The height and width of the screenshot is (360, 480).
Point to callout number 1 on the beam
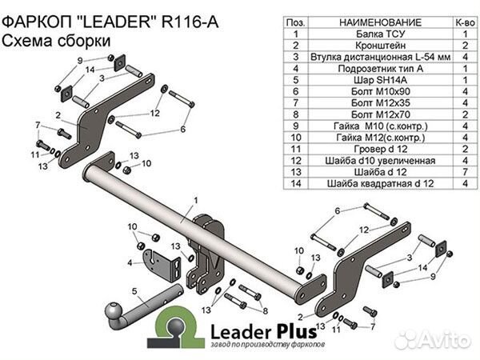point(194,199)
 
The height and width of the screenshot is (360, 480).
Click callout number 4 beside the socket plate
point(129,261)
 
